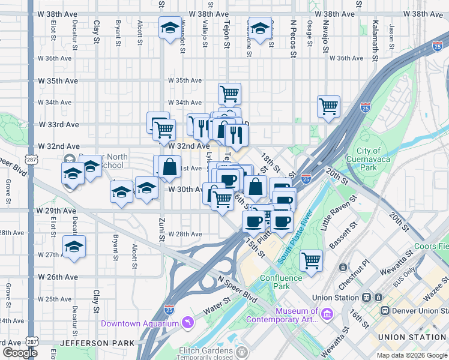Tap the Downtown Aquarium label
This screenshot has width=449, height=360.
click(x=140, y=323)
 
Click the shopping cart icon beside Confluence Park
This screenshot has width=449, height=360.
click(x=312, y=261)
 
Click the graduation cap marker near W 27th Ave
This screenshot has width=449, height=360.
click(x=74, y=247)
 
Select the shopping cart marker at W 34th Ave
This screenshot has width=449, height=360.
click(x=229, y=94)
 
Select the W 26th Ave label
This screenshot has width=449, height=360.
click(x=58, y=277)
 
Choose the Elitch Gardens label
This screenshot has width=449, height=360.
click(x=206, y=350)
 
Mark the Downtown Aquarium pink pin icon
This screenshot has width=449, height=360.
click(x=188, y=323)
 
